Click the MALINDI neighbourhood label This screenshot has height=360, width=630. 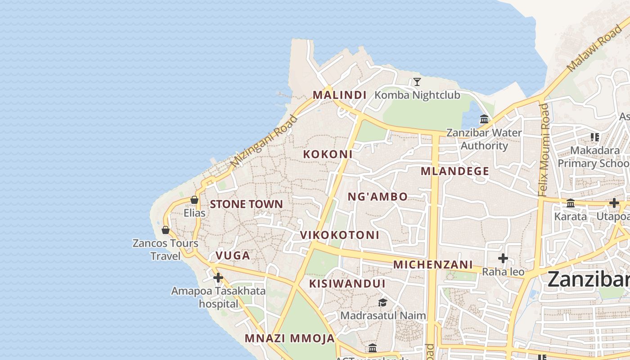pyautogui.click(x=339, y=95)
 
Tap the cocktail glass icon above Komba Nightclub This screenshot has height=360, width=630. pyautogui.click(x=417, y=82)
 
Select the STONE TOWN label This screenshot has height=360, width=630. pyautogui.click(x=247, y=204)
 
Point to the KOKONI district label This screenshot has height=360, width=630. pyautogui.click(x=328, y=154)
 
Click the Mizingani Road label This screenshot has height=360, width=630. pyautogui.click(x=264, y=141)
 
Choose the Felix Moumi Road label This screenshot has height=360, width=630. pyautogui.click(x=544, y=150)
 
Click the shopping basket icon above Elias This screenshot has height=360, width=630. pyautogui.click(x=194, y=200)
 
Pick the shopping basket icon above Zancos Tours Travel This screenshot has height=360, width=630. pyautogui.click(x=166, y=230)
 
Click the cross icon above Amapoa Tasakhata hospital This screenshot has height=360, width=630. pyautogui.click(x=218, y=278)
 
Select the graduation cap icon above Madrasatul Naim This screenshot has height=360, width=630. pyautogui.click(x=382, y=302)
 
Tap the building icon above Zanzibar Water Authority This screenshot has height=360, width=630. pyautogui.click(x=484, y=119)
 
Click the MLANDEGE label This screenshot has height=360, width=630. pyautogui.click(x=454, y=171)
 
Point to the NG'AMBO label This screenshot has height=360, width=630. pyautogui.click(x=378, y=197)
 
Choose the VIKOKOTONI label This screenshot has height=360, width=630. pyautogui.click(x=340, y=235)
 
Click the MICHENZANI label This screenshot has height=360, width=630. pyautogui.click(x=433, y=265)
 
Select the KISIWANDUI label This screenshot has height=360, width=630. pyautogui.click(x=347, y=284)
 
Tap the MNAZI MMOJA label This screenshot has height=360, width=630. pyautogui.click(x=290, y=338)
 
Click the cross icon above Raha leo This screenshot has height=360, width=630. pyautogui.click(x=503, y=258)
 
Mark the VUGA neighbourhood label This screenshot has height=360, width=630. pyautogui.click(x=233, y=256)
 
